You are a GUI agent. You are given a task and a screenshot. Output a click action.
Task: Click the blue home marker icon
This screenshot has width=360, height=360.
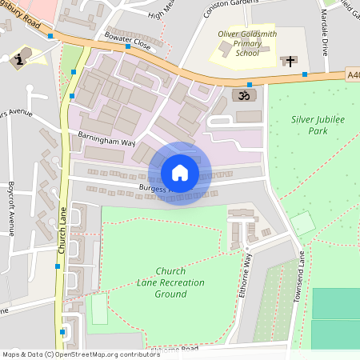[x=179, y=173]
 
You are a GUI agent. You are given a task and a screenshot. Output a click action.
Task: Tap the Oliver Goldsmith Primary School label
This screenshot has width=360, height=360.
[x=248, y=44]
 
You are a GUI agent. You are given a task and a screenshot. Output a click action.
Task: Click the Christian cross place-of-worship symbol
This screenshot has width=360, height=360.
[x=289, y=60]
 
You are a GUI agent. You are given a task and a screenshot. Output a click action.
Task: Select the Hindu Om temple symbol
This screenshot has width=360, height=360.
[x=239, y=94]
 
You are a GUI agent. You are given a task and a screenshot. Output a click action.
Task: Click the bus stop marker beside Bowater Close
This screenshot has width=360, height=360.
[x=128, y=46]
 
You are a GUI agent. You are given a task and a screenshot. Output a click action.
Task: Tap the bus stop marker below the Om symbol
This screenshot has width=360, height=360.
[x=250, y=84]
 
